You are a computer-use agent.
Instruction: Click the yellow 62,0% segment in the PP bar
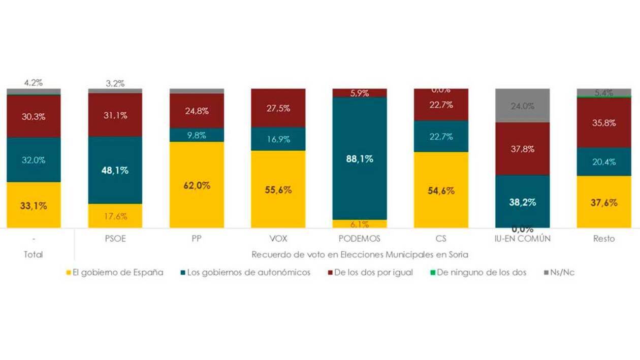[x=197, y=185]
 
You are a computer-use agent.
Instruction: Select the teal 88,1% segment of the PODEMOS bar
[x=360, y=158]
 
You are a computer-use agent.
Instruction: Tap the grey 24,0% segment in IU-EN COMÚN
[x=522, y=106]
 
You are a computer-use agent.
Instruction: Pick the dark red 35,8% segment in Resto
[x=603, y=122]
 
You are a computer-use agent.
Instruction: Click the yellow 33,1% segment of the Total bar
[x=34, y=205]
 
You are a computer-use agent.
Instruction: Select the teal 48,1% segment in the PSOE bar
[x=115, y=170]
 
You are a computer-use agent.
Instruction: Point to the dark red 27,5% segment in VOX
[x=278, y=108]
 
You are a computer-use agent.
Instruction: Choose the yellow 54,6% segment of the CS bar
[x=441, y=190]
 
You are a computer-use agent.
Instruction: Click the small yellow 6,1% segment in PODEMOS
[x=360, y=224]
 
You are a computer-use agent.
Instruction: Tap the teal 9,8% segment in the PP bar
[x=197, y=135]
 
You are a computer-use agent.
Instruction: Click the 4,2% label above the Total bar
[x=34, y=83]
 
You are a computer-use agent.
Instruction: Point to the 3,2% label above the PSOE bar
[x=115, y=83]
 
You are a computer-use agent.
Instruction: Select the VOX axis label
[x=278, y=239]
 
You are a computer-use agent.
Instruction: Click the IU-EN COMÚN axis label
[x=522, y=239]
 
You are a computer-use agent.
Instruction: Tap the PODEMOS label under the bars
[x=360, y=239]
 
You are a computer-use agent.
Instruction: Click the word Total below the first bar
[x=34, y=254]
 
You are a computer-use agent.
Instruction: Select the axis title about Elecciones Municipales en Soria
[x=360, y=254]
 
